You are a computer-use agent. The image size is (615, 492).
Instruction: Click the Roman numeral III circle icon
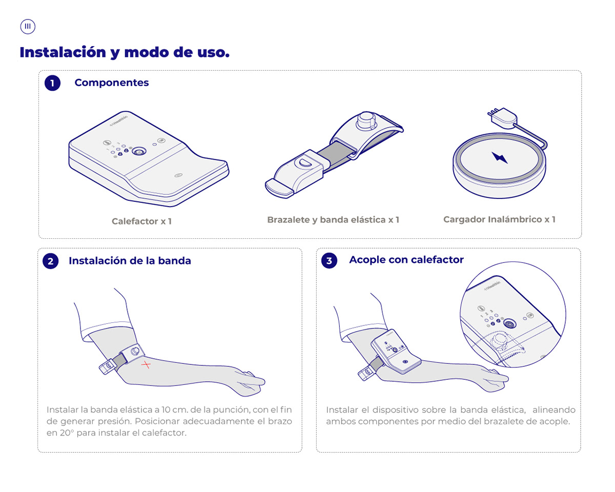(28, 27)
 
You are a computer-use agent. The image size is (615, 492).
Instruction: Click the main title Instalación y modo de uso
(124, 52)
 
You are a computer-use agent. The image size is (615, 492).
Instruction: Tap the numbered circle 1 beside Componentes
(52, 83)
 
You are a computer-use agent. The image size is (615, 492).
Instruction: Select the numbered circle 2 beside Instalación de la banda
(50, 261)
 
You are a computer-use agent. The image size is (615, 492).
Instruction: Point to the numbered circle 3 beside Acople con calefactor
(329, 260)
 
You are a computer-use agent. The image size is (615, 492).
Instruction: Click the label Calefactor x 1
(141, 221)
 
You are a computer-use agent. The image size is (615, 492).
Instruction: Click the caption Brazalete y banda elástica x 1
(333, 220)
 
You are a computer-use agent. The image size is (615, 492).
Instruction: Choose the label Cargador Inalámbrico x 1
(499, 219)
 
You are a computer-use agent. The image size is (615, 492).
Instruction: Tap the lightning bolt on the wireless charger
(499, 157)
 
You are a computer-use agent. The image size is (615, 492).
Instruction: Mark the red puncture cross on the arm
(147, 365)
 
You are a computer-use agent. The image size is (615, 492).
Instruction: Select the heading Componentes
(112, 83)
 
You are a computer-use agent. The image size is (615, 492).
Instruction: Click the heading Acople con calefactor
(406, 260)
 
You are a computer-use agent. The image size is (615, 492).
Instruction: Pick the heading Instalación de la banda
(130, 261)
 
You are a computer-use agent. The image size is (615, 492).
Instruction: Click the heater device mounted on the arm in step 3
(396, 352)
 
